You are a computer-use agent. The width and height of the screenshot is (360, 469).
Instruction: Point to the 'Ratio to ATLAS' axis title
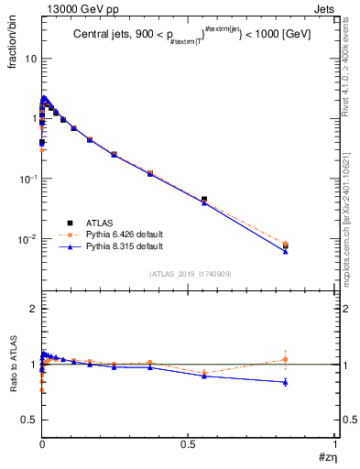[12, 366]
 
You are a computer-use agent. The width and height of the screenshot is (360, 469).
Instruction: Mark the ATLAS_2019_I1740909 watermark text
[188, 275]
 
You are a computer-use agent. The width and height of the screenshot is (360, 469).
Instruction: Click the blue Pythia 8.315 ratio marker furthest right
[286, 382]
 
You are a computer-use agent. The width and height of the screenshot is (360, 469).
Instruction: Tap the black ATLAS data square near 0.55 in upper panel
[204, 199]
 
